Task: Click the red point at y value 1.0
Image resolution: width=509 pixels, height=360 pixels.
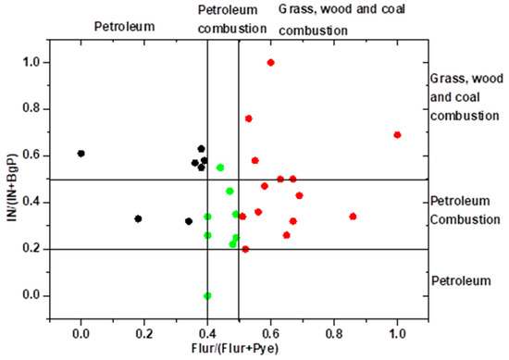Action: click(270, 62)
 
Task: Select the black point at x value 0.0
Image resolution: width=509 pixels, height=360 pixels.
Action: click(81, 153)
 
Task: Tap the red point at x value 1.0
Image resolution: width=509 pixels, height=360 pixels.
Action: click(397, 134)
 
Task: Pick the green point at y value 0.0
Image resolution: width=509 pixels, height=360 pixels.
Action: click(207, 295)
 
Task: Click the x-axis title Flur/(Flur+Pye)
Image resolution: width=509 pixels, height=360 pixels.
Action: click(239, 350)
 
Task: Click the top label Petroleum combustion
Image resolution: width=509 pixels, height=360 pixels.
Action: click(230, 19)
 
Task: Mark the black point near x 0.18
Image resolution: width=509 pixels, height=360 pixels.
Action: click(138, 218)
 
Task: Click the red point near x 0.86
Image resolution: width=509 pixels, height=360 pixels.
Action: click(353, 216)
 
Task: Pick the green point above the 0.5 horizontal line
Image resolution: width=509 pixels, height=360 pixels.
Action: click(220, 168)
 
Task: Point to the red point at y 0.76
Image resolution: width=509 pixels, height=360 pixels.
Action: click(249, 118)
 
